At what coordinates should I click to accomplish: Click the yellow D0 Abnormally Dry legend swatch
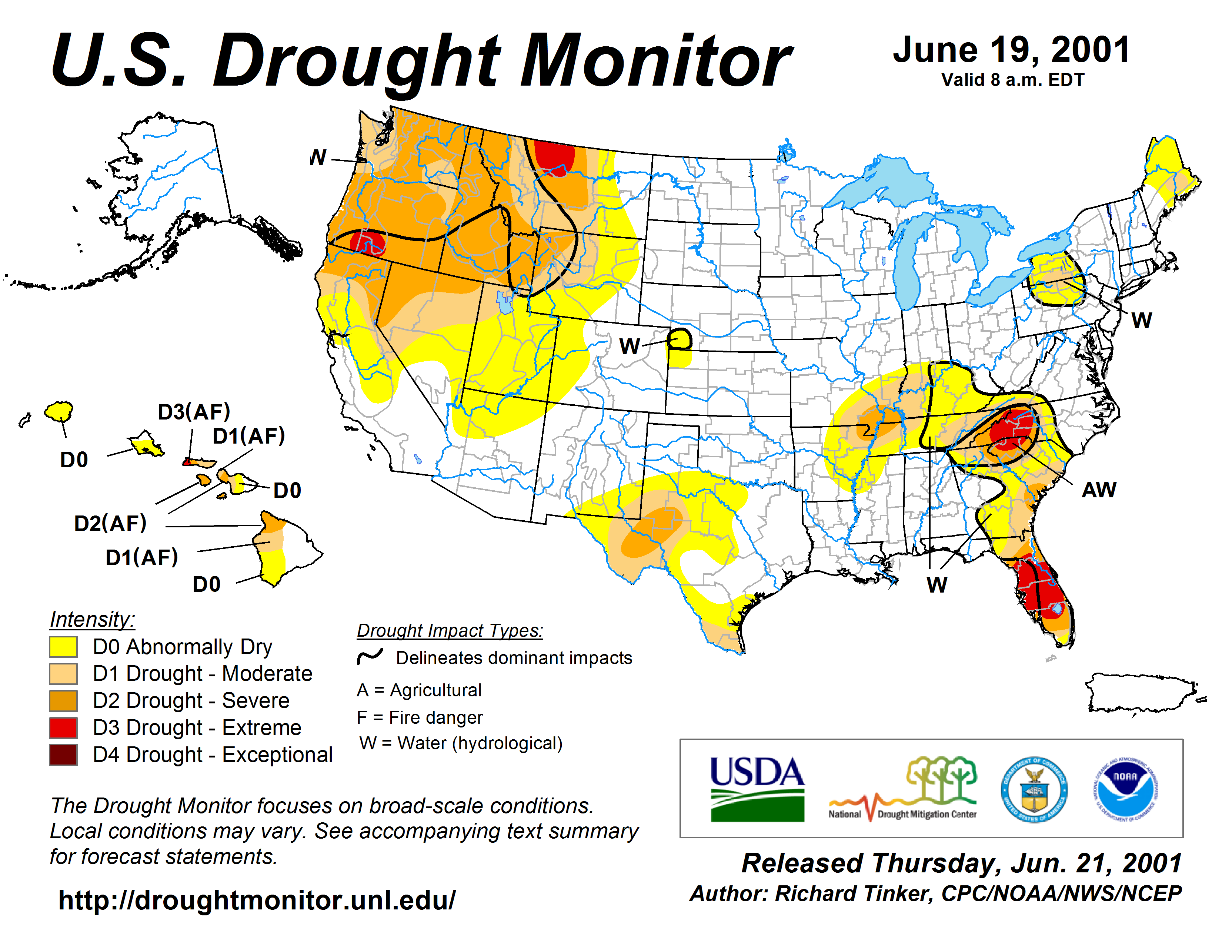pyautogui.click(x=63, y=647)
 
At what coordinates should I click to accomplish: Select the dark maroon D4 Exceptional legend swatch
pyautogui.click(x=63, y=755)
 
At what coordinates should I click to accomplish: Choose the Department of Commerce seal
pyautogui.click(x=1034, y=789)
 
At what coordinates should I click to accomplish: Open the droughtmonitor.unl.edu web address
pyautogui.click(x=257, y=900)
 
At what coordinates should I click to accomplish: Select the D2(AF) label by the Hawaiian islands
pyautogui.click(x=110, y=523)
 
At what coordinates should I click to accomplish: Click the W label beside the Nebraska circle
pyautogui.click(x=630, y=346)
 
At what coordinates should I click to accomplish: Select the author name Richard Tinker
pyautogui.click(x=853, y=893)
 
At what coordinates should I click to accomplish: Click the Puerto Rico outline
pyautogui.click(x=1141, y=693)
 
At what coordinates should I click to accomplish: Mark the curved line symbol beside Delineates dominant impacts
pyautogui.click(x=370, y=656)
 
